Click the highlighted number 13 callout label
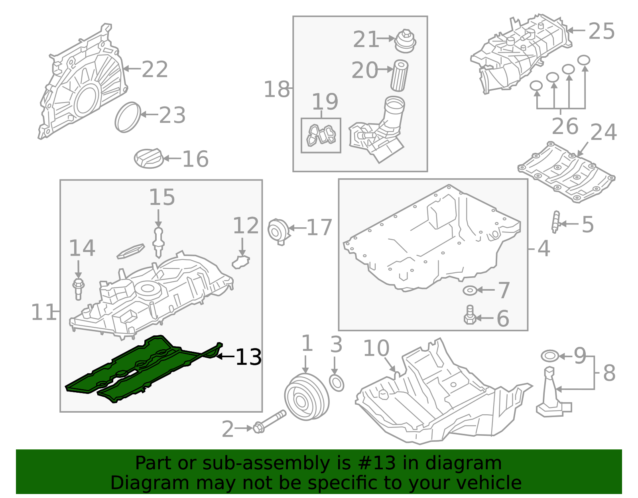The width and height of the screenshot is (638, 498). tap(248, 357)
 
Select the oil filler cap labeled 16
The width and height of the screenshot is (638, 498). tap(149, 158)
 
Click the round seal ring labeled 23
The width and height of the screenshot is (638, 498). tap(128, 117)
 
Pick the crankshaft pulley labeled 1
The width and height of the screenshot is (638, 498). tap(306, 397)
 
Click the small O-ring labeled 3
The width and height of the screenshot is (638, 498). tap(337, 383)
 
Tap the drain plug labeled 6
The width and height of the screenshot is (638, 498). tap(470, 316)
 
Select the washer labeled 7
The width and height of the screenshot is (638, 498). tap(470, 290)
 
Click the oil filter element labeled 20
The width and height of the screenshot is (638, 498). tap(399, 76)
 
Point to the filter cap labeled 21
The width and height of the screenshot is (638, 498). tap(405, 41)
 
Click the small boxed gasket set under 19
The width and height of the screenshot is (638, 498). tap(321, 135)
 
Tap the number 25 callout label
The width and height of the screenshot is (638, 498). tap(601, 31)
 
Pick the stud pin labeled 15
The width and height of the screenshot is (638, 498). tap(159, 241)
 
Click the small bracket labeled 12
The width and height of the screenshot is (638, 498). tap(241, 262)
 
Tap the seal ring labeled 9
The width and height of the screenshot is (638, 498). tap(550, 355)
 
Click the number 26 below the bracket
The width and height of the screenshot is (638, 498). tap(565, 126)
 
